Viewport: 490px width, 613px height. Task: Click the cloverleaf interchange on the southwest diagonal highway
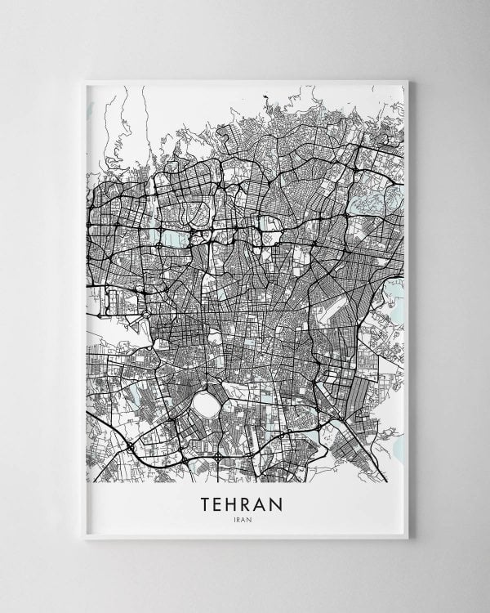click(130, 448)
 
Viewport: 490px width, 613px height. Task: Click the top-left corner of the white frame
click(85, 80)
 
